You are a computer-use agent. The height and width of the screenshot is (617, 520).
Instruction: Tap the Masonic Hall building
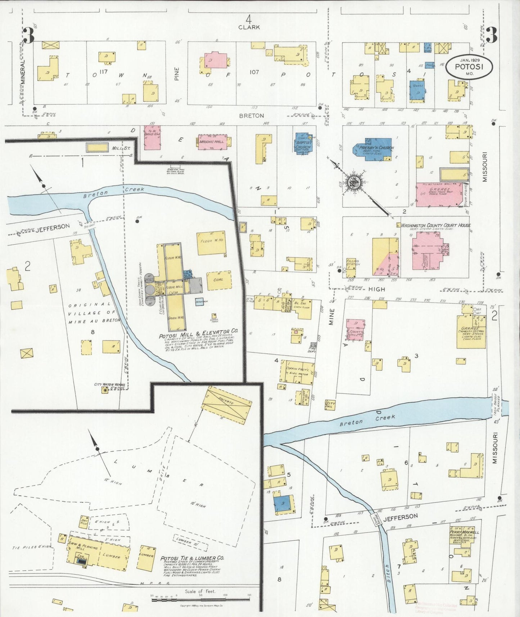213,142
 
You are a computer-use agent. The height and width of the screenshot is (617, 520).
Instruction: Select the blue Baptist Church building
303,143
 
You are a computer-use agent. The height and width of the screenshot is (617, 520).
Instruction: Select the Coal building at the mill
218,280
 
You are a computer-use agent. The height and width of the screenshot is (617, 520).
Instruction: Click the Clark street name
249,27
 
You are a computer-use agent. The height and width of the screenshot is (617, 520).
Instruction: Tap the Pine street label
177,75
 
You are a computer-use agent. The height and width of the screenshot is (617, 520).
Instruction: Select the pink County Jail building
356,329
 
